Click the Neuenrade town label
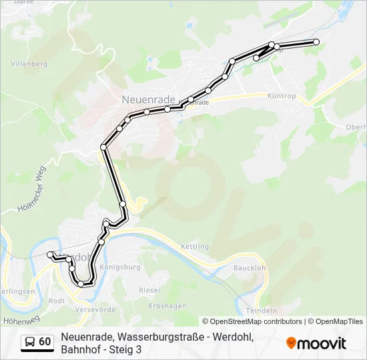pos(149,99)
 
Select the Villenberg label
pos(29,64)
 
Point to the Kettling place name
pos(195,247)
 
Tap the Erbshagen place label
pos(166,305)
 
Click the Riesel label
pos(149,291)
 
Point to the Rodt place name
pos(57,300)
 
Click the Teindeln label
pos(262,311)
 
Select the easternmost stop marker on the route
pos(316,42)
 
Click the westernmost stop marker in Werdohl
pos(49,254)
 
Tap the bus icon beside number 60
pos(30,342)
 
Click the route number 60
pos(45,342)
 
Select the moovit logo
pos(316,343)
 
